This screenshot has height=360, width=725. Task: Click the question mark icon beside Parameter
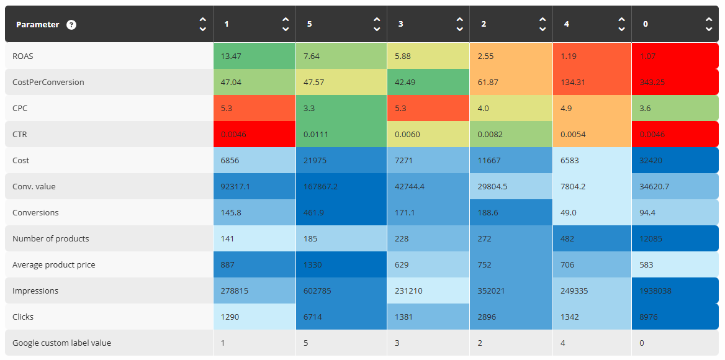(x=71, y=25)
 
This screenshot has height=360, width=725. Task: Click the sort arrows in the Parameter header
(x=202, y=24)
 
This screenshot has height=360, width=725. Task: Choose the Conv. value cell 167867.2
(x=322, y=187)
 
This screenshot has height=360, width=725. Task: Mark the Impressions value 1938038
(x=657, y=291)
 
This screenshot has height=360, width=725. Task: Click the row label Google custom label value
(x=61, y=343)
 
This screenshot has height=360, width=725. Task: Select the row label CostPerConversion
(x=48, y=83)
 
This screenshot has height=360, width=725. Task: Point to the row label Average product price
(x=53, y=265)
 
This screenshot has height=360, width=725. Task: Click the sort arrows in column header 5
(x=377, y=24)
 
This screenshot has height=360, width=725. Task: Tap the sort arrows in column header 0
(x=709, y=24)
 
